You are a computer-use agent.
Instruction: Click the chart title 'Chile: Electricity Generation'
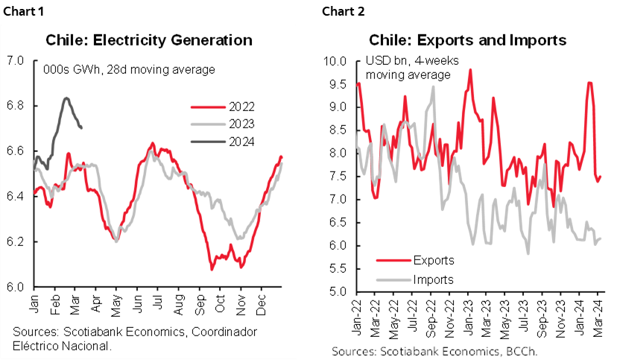coord(149,40)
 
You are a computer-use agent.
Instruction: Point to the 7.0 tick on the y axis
coord(17,60)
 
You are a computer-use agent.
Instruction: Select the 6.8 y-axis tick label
coord(17,106)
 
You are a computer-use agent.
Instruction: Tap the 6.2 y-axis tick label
coord(17,242)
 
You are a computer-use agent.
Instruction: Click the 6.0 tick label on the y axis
coord(17,287)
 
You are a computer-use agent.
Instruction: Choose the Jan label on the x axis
coord(35,301)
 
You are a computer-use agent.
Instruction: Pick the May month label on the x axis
coord(117,302)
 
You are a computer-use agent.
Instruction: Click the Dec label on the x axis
coord(262,302)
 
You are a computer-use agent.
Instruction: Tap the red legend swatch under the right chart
coord(393,260)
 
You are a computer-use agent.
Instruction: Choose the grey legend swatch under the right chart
coord(393,280)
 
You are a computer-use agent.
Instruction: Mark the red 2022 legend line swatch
coord(206,107)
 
